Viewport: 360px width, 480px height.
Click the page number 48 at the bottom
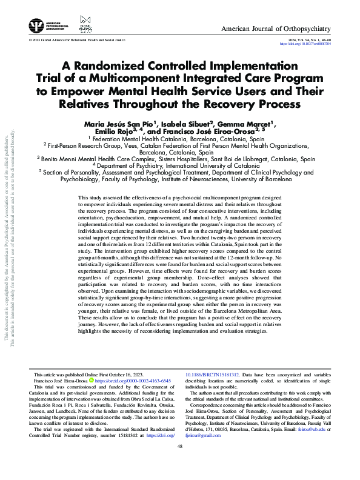(x=179, y=463)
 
